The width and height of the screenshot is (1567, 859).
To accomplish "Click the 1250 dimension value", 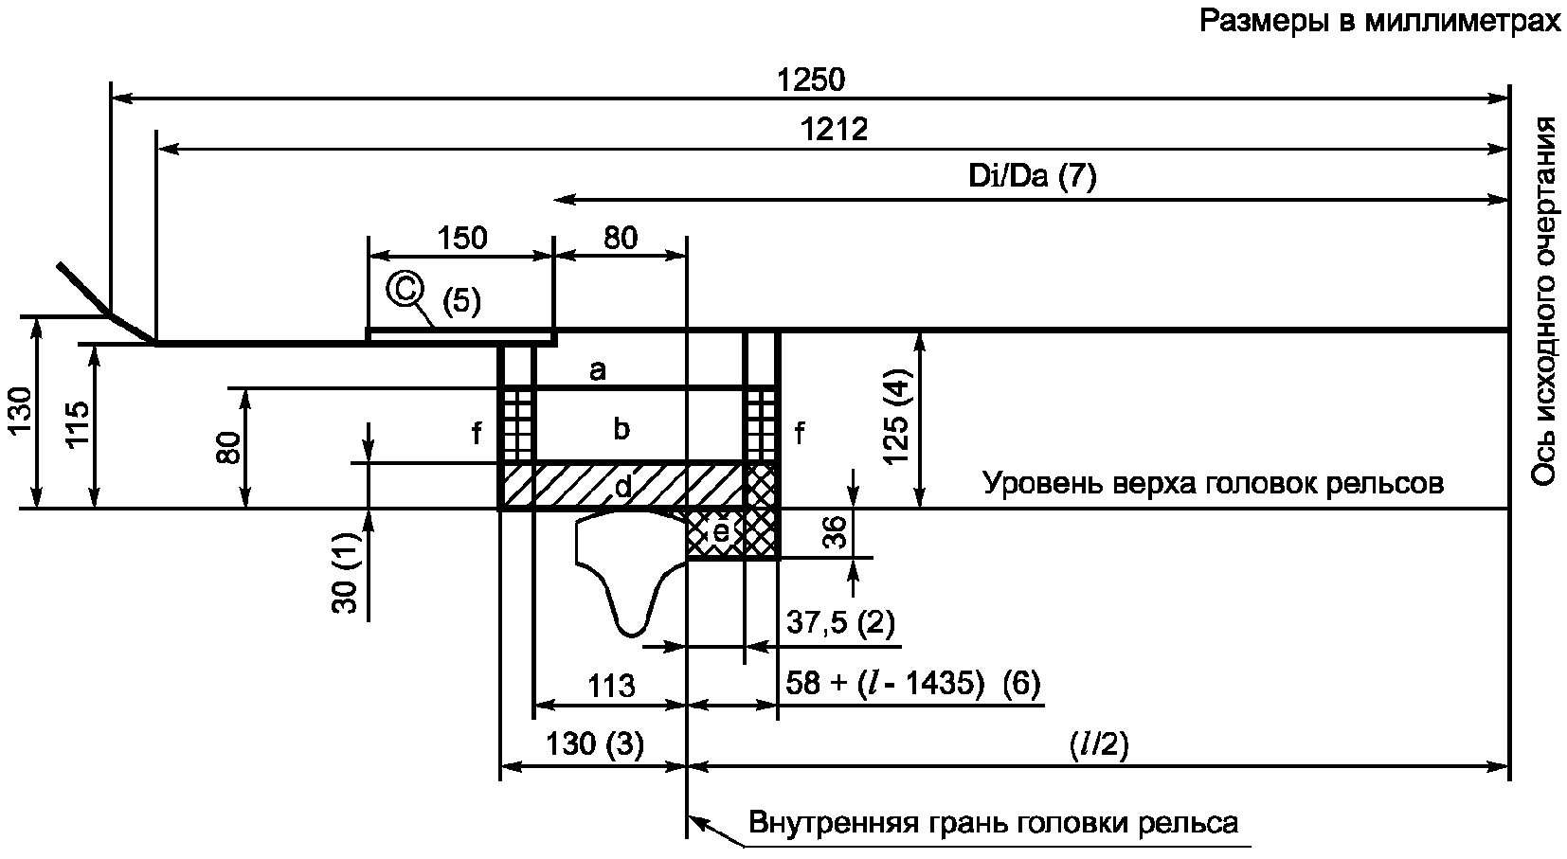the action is point(812,80).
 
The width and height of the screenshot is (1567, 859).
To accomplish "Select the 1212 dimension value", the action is point(834,130).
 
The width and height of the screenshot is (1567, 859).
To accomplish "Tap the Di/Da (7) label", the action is point(1033,176).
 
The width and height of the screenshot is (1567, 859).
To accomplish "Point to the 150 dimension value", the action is point(462,239).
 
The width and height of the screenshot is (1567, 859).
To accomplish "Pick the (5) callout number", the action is point(461,301).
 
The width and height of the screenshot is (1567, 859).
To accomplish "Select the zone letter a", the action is point(597,370).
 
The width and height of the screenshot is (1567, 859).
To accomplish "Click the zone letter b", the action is point(621,428).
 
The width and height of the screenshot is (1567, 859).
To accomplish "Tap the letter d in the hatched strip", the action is point(622,486).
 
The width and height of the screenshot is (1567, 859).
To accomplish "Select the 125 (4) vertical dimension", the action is point(896,416).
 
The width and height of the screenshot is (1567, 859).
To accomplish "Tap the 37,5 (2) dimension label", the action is point(840,622).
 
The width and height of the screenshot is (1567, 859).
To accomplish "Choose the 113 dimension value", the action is point(611,687).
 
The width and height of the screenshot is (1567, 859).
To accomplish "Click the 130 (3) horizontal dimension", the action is point(594,744).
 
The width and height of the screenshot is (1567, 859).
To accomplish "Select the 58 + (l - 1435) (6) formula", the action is point(913,682).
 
